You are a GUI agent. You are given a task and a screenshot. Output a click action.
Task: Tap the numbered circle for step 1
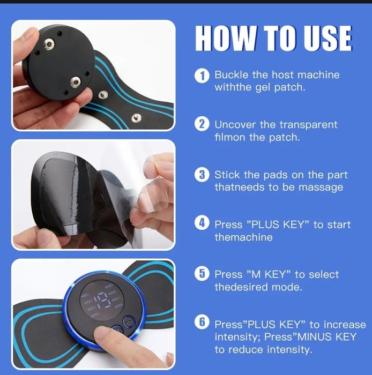pyautogui.click(x=202, y=76)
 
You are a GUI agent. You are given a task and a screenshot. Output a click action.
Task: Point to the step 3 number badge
pyautogui.click(x=202, y=175)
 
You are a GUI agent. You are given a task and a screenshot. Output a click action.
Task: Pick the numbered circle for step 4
pyautogui.click(x=202, y=223)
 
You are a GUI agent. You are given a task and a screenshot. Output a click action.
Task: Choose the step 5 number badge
pyautogui.click(x=202, y=273)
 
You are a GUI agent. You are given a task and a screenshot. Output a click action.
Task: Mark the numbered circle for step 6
pyautogui.click(x=202, y=322)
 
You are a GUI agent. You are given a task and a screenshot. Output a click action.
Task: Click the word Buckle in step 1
pyautogui.click(x=231, y=74)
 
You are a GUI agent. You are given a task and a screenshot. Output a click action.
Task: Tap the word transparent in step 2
pyautogui.click(x=308, y=125)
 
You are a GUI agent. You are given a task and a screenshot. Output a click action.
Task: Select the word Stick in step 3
pyautogui.click(x=227, y=175)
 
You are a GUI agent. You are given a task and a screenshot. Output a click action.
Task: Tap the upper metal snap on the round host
pyautogui.click(x=49, y=44)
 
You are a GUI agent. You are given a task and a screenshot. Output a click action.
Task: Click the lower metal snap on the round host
pyautogui.click(x=76, y=82)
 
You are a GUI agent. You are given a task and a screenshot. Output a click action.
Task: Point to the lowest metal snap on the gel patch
pyautogui.click(x=136, y=118)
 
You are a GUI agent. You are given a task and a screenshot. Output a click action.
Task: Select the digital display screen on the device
pyautogui.click(x=102, y=301)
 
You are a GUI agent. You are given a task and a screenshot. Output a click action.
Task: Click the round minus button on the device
pyautogui.click(x=129, y=322)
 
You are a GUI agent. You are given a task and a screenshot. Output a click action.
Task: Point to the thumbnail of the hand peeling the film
pyautogui.click(x=148, y=163)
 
